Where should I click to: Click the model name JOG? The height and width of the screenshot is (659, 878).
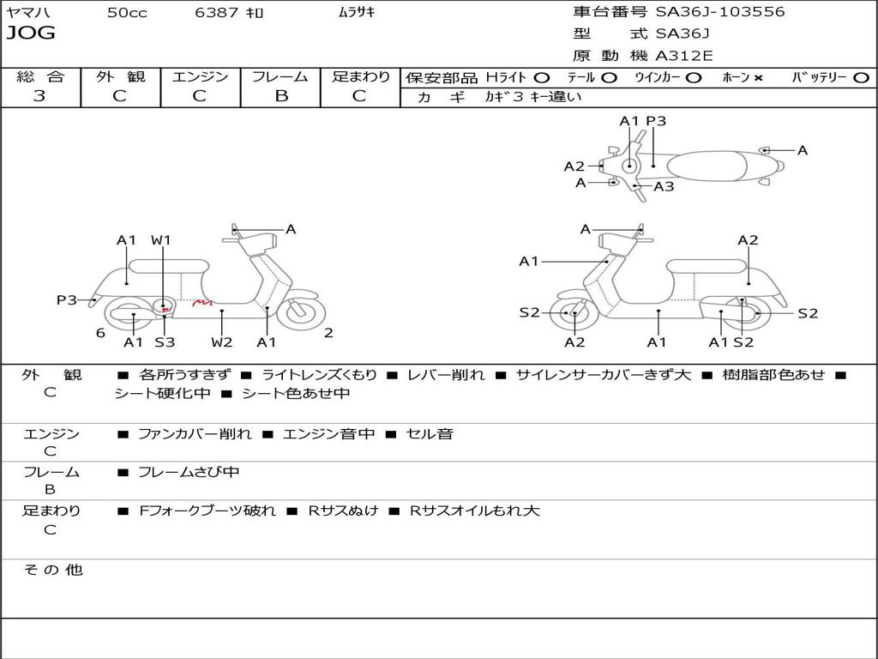[x=31, y=33]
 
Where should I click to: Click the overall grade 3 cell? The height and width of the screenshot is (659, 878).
[x=39, y=96]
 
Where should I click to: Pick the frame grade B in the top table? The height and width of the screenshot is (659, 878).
[x=280, y=96]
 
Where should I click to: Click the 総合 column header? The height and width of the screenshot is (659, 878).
[x=39, y=76]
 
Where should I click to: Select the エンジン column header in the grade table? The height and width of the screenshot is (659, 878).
[x=200, y=76]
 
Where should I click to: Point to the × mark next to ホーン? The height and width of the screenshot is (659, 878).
[x=758, y=78]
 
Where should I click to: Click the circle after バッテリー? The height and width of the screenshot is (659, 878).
[x=861, y=78]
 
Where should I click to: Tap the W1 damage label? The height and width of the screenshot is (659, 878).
[x=161, y=240]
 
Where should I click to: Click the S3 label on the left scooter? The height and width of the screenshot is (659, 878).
[x=164, y=342]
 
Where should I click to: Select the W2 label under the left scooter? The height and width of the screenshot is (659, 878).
[x=221, y=342]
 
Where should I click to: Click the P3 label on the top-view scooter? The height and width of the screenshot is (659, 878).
[x=656, y=122]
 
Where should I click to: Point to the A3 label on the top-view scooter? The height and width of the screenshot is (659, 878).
[x=664, y=186]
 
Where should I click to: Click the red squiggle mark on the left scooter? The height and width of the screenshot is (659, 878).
[x=202, y=302]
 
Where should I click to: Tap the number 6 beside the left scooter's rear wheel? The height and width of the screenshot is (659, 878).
[x=100, y=333]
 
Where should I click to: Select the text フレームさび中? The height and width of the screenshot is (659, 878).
[x=189, y=472]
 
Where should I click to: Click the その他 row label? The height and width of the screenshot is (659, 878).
[x=52, y=570]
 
